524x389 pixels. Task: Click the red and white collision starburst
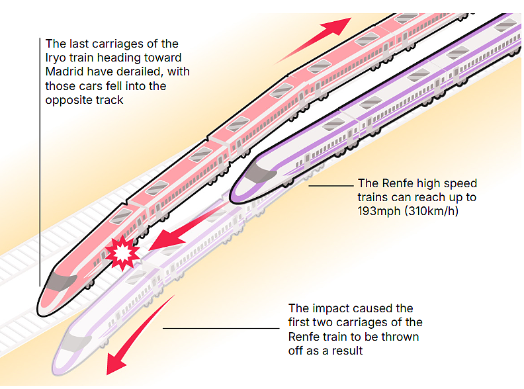(122, 253)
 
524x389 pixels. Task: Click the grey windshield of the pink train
(62, 282)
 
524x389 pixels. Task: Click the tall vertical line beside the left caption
(40, 162)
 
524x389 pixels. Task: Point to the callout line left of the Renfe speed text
(331, 185)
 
